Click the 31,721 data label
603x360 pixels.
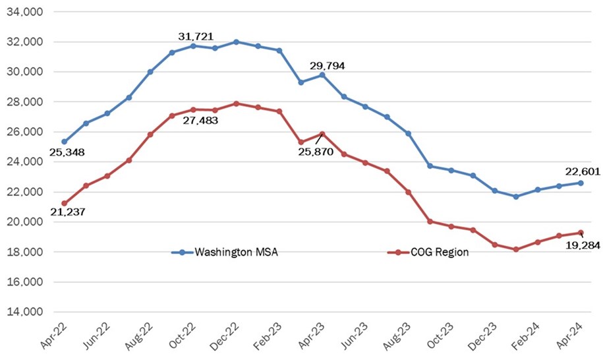click(x=196, y=35)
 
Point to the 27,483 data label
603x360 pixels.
click(x=196, y=121)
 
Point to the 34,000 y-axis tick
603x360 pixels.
click(x=24, y=12)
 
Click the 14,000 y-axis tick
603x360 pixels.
click(x=24, y=312)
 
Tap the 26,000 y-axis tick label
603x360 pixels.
click(x=24, y=132)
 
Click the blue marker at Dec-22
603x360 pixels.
click(x=236, y=42)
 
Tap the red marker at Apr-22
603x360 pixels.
click(x=64, y=203)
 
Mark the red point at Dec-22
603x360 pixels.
click(x=236, y=104)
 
